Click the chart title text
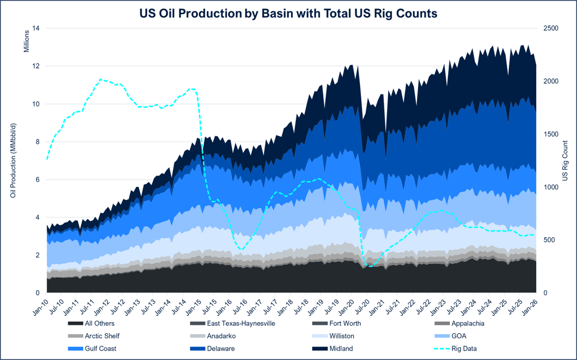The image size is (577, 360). [288, 14]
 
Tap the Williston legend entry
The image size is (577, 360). [341, 336]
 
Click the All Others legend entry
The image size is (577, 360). [100, 323]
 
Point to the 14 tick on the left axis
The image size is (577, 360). [36, 28]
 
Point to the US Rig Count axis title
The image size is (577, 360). [565, 161]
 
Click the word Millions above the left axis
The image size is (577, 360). [25, 41]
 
